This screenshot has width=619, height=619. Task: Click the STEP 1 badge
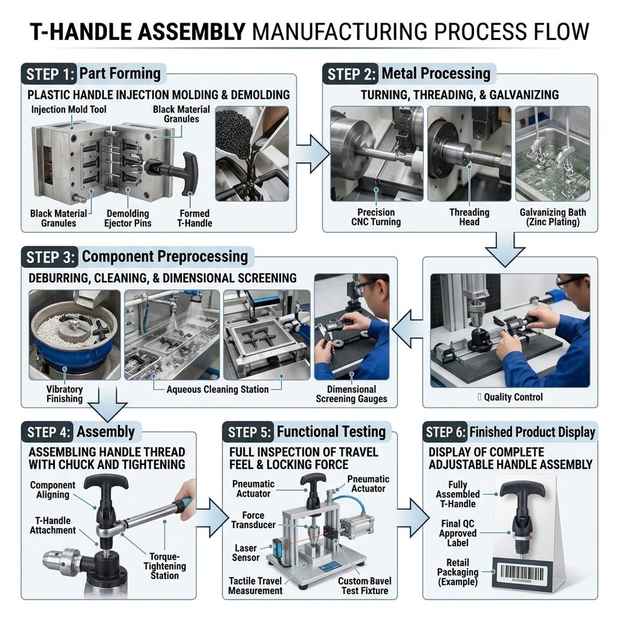(x=50, y=74)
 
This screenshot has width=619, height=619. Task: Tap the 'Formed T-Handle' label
(x=195, y=219)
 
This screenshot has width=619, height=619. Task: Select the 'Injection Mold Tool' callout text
(x=69, y=110)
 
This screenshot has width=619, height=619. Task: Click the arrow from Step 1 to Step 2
(x=313, y=154)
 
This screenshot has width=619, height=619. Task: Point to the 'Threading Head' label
(x=469, y=217)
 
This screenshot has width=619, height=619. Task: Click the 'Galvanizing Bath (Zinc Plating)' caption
(x=553, y=217)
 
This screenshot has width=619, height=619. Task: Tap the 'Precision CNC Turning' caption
(x=376, y=217)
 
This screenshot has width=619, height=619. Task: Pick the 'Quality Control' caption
(x=513, y=397)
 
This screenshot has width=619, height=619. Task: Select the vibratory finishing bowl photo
(x=75, y=335)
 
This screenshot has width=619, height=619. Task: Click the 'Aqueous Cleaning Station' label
(x=217, y=389)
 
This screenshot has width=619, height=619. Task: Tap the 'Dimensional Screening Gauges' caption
(x=351, y=394)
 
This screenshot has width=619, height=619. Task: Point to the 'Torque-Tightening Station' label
(x=164, y=566)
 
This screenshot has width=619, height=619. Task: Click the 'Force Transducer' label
(x=253, y=520)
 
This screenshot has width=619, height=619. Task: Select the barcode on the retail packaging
(x=524, y=572)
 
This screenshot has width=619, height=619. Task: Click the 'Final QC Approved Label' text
(x=458, y=533)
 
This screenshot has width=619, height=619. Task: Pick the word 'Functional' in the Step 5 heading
(x=303, y=431)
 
